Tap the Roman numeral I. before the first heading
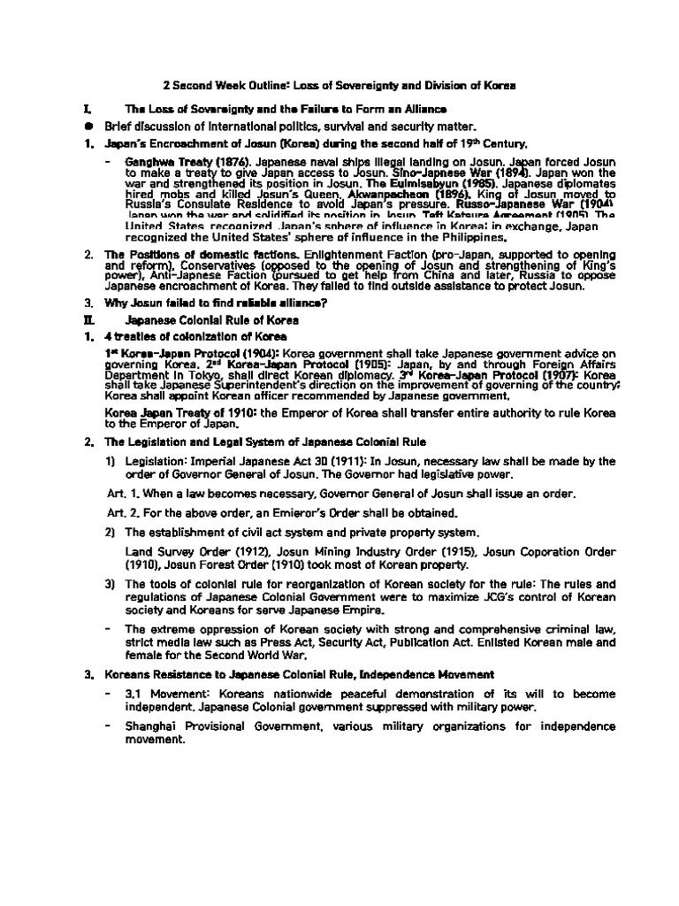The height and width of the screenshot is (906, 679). [x=86, y=109]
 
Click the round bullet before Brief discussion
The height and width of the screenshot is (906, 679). [x=87, y=126]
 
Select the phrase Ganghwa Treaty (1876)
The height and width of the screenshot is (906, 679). [x=176, y=164]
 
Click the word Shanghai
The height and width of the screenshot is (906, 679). [x=155, y=726]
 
